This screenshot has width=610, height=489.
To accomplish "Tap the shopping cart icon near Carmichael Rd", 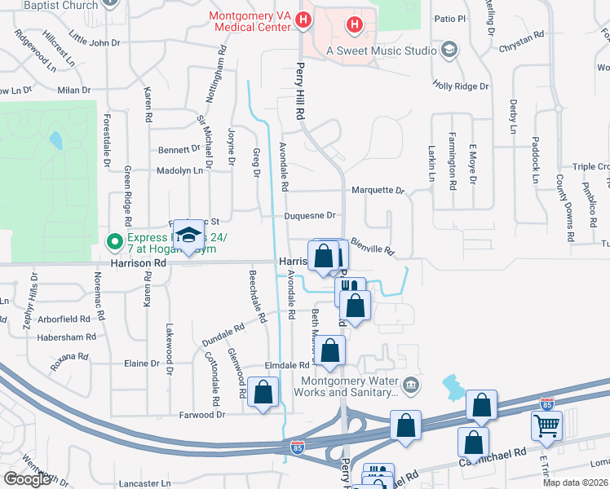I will (x=546, y=425).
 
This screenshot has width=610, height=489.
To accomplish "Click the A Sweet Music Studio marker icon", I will (x=448, y=51).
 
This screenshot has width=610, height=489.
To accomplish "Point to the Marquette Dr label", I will (x=378, y=191).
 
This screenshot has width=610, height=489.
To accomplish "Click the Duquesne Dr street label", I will (x=310, y=216).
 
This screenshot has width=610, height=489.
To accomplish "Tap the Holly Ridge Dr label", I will (x=461, y=86).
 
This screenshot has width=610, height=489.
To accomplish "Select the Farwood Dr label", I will (x=202, y=415).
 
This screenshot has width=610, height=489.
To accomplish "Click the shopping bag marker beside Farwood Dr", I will (x=263, y=393).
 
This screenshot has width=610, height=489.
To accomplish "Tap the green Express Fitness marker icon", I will (x=115, y=241).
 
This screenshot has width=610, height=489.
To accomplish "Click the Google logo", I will (x=27, y=479).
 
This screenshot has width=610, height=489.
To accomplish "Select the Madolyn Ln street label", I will (x=180, y=171).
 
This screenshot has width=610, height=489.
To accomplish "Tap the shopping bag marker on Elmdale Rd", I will (x=330, y=351).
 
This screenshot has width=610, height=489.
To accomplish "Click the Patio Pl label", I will (x=449, y=18).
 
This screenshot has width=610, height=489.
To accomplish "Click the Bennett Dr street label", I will (x=179, y=150).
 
